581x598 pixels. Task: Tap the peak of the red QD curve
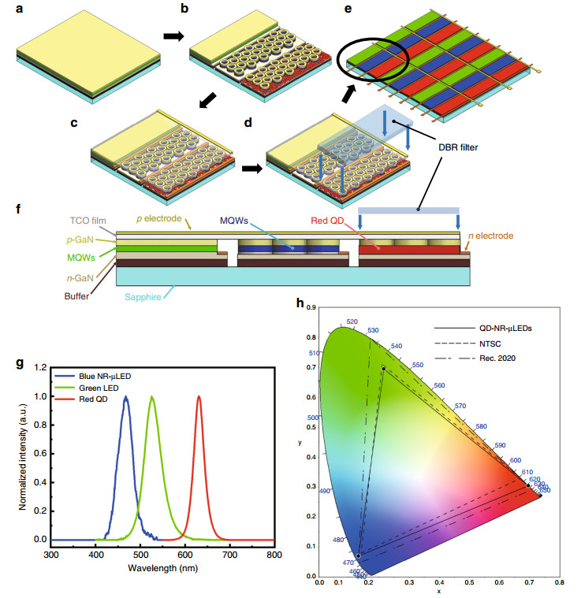coord(199,396)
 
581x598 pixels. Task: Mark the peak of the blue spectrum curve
coord(125,396)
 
